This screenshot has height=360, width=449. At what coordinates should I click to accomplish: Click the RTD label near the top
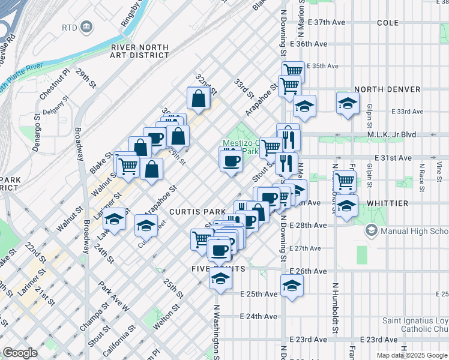[x=71, y=27]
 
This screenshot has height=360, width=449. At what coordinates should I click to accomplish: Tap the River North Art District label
[x=140, y=51]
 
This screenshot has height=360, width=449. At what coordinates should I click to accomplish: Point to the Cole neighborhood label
[x=388, y=23]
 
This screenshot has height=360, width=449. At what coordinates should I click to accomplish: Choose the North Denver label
[x=387, y=89]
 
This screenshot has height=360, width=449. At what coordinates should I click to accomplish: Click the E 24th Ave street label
[x=259, y=316]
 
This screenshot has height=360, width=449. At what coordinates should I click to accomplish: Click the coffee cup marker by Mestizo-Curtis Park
[x=231, y=161]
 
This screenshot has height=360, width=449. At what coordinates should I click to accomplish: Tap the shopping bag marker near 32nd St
[x=198, y=98]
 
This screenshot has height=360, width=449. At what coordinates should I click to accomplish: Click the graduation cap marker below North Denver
[x=348, y=103]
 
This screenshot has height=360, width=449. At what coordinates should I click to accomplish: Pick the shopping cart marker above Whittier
[x=345, y=181]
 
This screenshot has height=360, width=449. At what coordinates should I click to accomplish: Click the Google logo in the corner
[x=20, y=353]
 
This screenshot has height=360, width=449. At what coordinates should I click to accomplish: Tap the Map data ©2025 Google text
[x=412, y=355]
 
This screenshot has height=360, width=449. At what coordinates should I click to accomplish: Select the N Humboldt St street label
[x=336, y=308]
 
